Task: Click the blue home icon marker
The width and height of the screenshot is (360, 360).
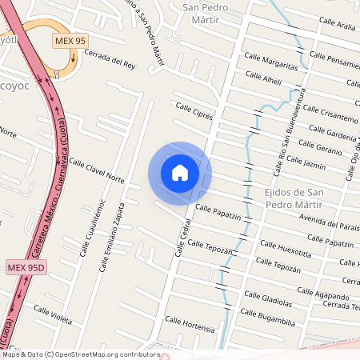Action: tap(180, 173)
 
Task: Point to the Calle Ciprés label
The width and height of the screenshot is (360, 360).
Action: tap(194, 110)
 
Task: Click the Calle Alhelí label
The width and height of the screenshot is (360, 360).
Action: tap(263, 80)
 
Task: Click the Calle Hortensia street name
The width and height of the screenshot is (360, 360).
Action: tap(190, 324)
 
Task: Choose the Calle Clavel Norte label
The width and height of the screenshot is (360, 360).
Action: tap(97, 170)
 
